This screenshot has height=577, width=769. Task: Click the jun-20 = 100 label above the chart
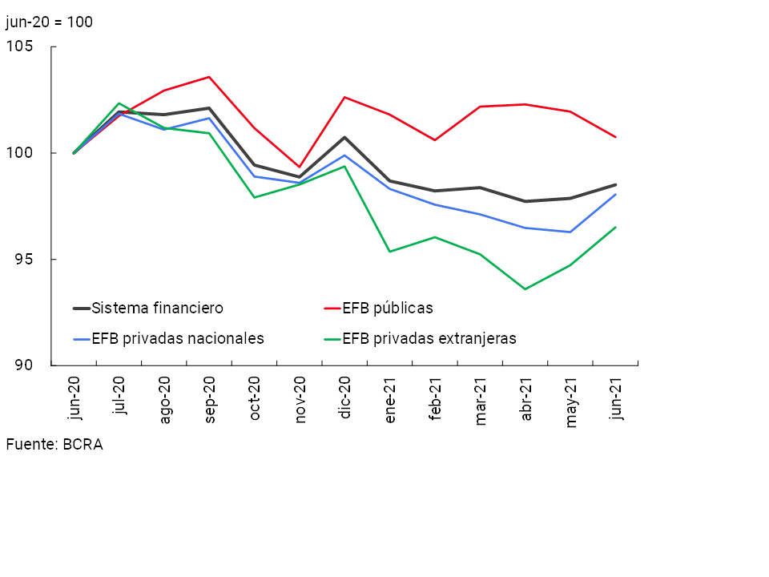(x=49, y=22)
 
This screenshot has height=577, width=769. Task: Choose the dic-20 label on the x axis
(x=345, y=399)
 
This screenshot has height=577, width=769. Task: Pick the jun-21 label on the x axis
(x=616, y=399)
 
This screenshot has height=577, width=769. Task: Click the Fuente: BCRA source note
(x=54, y=444)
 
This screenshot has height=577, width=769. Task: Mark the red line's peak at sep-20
(x=209, y=77)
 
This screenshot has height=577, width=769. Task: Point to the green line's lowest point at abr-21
(x=525, y=288)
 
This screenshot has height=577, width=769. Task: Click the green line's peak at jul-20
(x=119, y=103)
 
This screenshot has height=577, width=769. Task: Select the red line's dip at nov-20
(x=300, y=167)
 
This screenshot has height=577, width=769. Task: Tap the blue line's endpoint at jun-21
(x=615, y=194)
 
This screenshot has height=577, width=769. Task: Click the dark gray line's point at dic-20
(x=344, y=137)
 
